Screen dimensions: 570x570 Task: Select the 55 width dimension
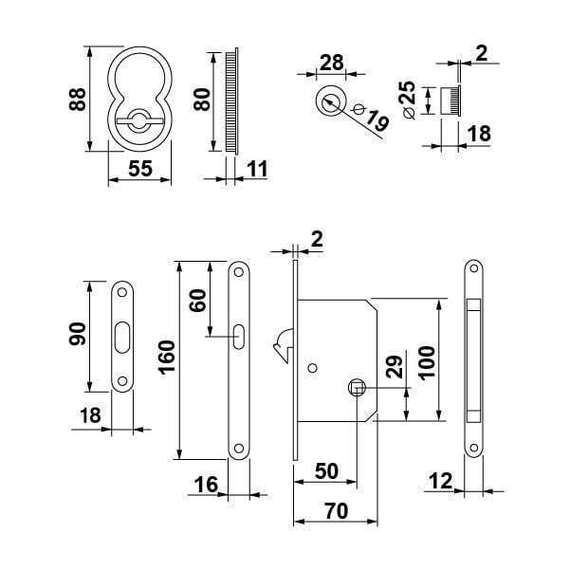139,168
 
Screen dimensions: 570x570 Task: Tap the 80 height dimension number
200,98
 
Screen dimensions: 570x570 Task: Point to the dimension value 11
256,169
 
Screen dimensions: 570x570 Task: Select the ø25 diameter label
407,100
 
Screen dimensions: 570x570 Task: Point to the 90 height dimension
77,334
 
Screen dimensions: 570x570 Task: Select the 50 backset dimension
327,471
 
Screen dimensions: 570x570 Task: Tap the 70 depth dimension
334,510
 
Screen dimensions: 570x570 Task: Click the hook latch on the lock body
282,349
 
